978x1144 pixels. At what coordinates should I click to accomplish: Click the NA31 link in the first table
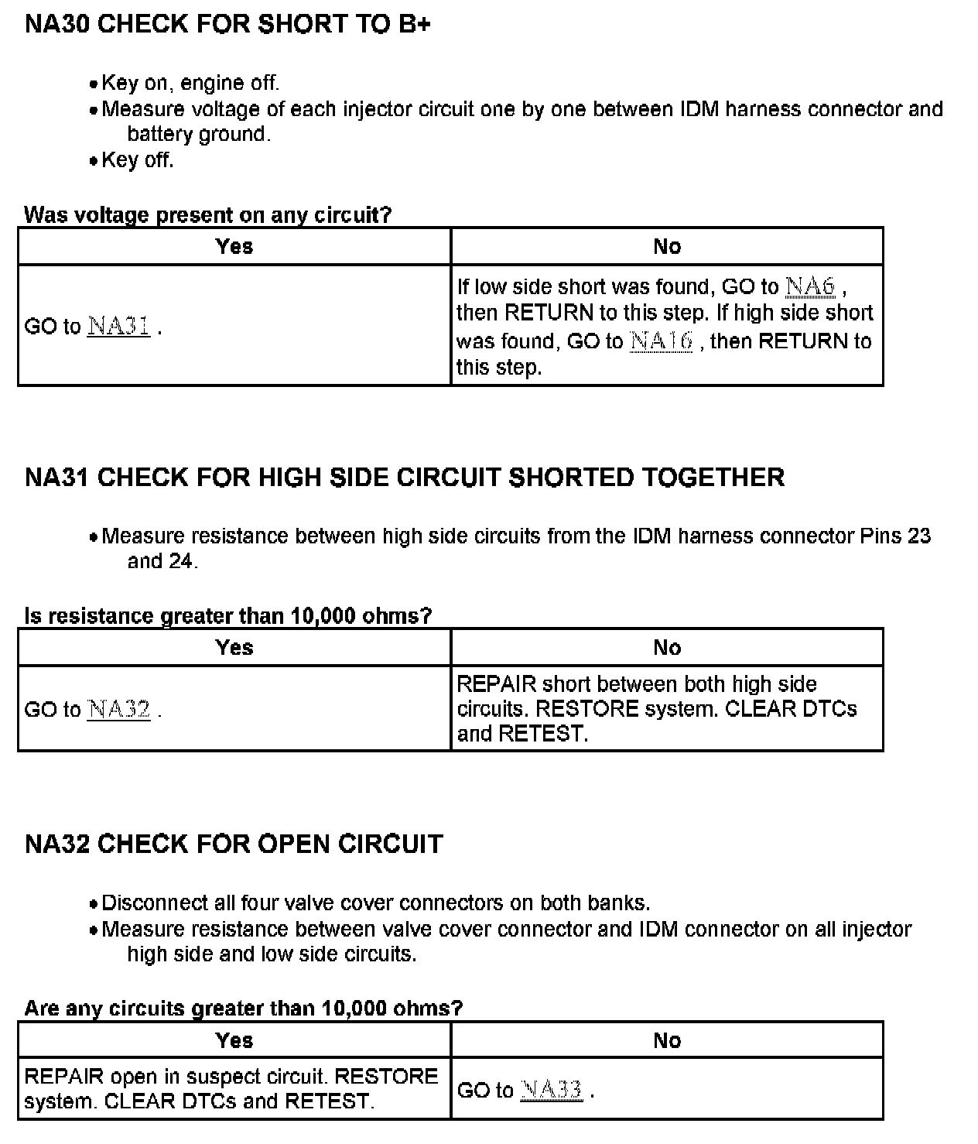tap(118, 326)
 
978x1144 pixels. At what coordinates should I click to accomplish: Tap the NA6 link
tap(810, 286)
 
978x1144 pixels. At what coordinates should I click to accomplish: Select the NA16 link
tap(661, 341)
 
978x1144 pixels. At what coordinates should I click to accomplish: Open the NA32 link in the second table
tap(118, 709)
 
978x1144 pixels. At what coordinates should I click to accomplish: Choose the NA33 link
tap(551, 1090)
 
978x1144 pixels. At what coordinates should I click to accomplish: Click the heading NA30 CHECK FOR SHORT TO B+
tap(227, 24)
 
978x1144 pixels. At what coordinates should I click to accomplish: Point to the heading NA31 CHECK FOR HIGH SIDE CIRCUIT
tap(405, 477)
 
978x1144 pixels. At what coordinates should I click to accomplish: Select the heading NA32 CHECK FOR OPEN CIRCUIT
tap(234, 843)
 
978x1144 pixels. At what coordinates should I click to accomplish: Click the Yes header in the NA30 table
tap(234, 246)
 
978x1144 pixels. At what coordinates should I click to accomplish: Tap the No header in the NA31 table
tap(667, 647)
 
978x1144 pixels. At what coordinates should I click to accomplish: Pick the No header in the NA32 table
tap(667, 1040)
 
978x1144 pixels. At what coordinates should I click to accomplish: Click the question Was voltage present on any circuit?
tap(208, 214)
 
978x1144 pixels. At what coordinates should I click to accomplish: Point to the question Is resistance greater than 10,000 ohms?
tap(228, 615)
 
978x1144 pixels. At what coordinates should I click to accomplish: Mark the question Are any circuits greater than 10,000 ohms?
tap(244, 1008)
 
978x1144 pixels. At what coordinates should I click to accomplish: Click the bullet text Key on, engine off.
tap(190, 83)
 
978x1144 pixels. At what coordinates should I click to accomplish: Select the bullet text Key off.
tap(138, 159)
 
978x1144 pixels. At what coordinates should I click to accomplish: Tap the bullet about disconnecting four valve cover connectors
tap(375, 903)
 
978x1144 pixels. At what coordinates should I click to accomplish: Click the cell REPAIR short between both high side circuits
tap(656, 708)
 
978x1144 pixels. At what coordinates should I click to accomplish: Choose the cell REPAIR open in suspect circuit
tap(231, 1088)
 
